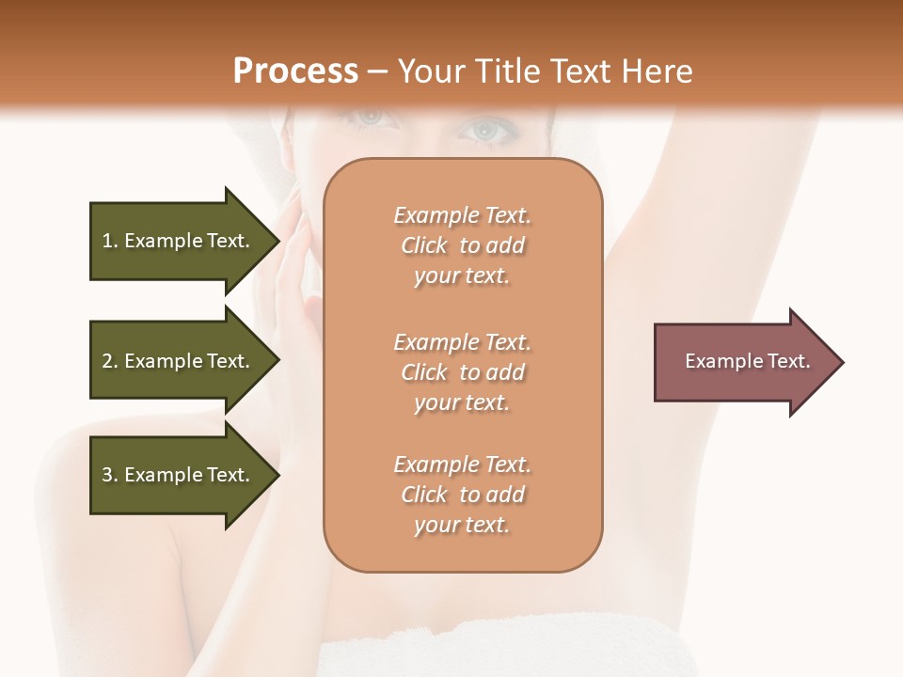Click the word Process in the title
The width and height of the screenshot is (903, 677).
pyautogui.click(x=295, y=71)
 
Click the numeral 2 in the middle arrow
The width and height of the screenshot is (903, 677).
pyautogui.click(x=107, y=361)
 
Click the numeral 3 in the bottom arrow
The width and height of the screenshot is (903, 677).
pyautogui.click(x=107, y=475)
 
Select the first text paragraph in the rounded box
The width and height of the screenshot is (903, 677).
pyautogui.click(x=462, y=245)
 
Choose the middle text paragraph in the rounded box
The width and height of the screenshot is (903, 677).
pyautogui.click(x=462, y=371)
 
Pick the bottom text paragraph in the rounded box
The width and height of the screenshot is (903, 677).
pyautogui.click(x=462, y=495)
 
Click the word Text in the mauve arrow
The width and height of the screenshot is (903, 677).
pyautogui.click(x=789, y=361)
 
